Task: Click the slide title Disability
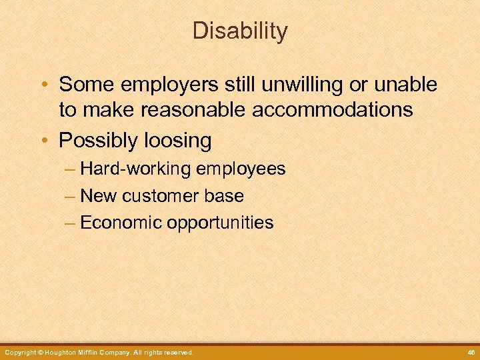click(x=240, y=31)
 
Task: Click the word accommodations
click(x=333, y=109)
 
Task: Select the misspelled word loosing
click(x=181, y=141)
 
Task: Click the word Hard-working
click(x=135, y=169)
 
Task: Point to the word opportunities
click(x=220, y=223)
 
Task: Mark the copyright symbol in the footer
click(x=40, y=352)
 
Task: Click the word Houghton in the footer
click(x=63, y=352)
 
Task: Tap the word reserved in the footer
click(x=178, y=352)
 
